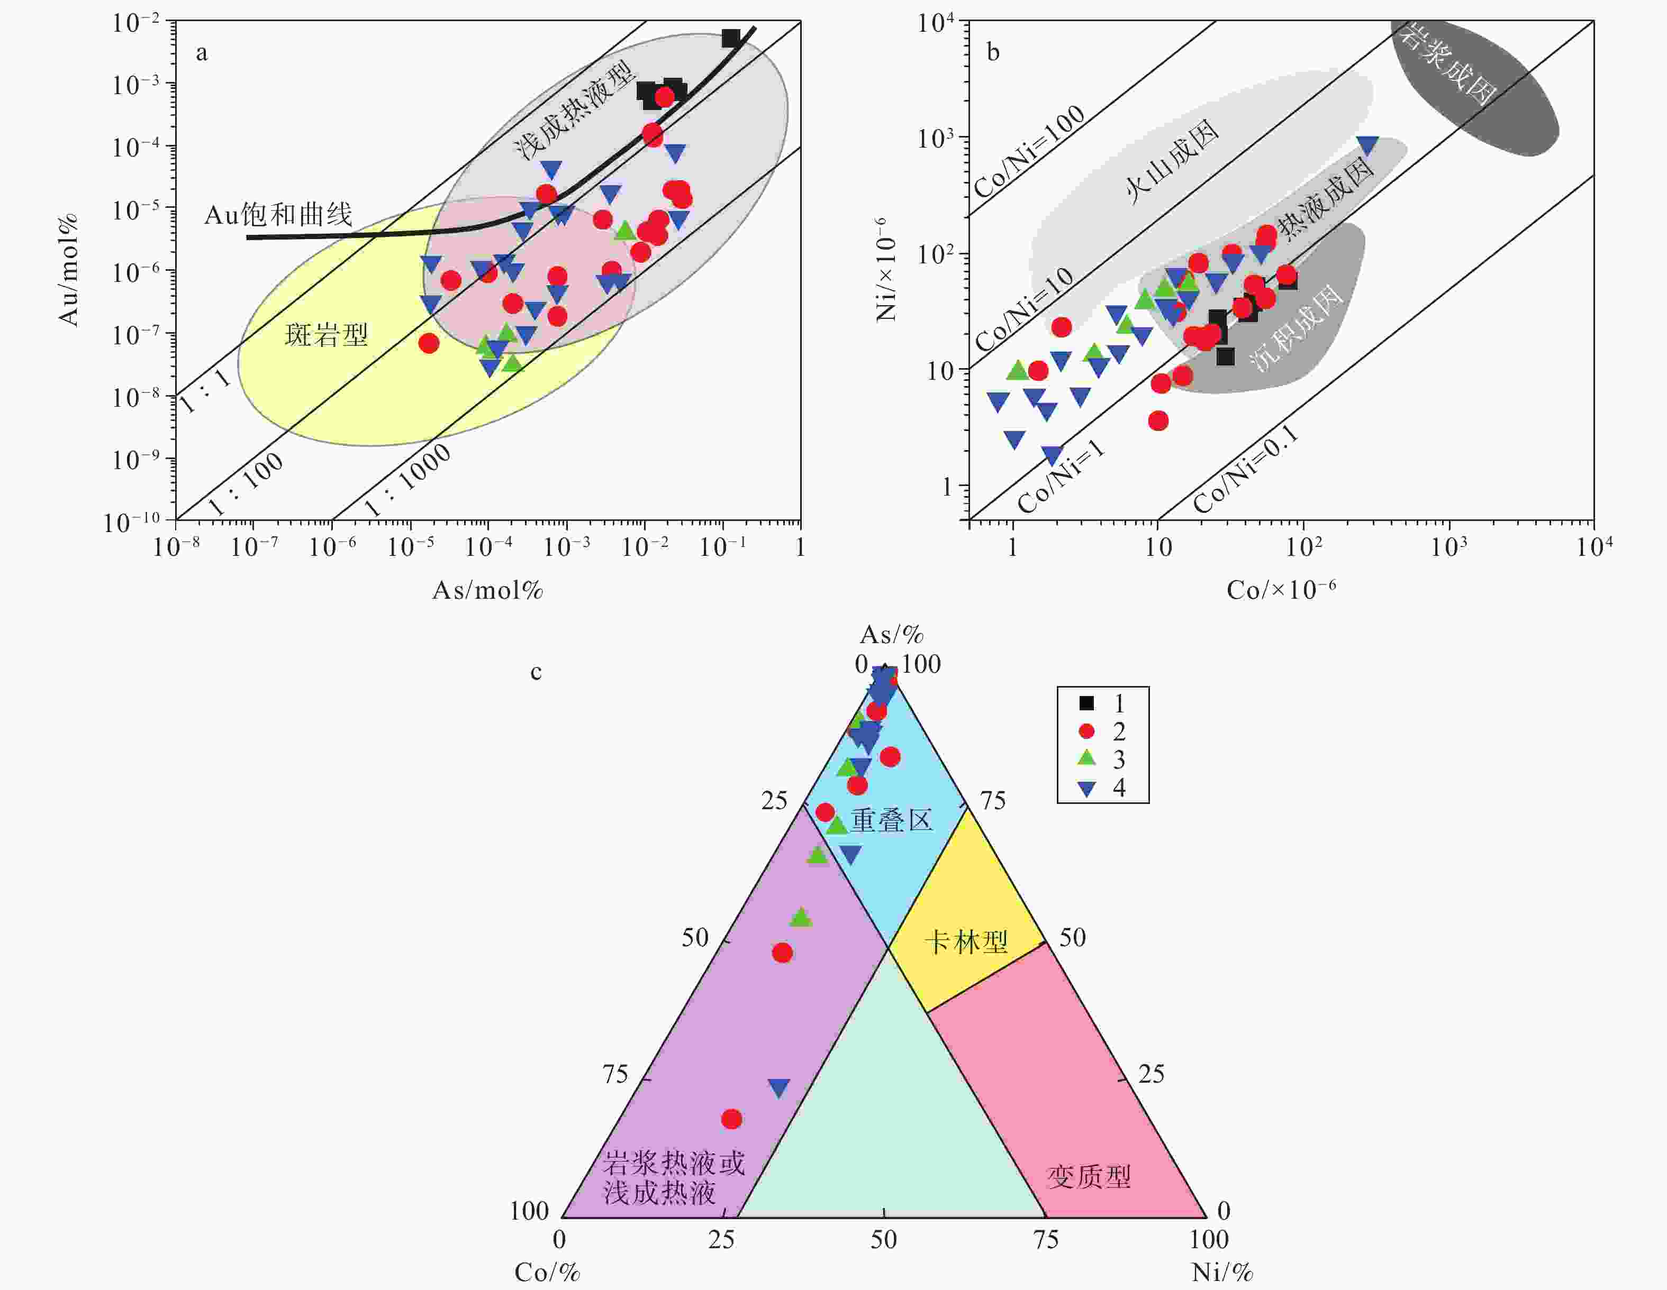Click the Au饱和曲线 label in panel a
pos(278,215)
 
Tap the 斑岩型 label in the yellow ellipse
pos(326,334)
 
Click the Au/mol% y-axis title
pos(69,271)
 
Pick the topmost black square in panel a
pos(731,38)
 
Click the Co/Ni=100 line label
pos(1029,151)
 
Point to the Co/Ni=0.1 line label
pos(1246,469)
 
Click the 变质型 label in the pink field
pos(1089,1177)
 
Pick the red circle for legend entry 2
pos(1086,731)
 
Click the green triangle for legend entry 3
pos(1086,758)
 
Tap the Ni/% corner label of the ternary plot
pos(1222,1271)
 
